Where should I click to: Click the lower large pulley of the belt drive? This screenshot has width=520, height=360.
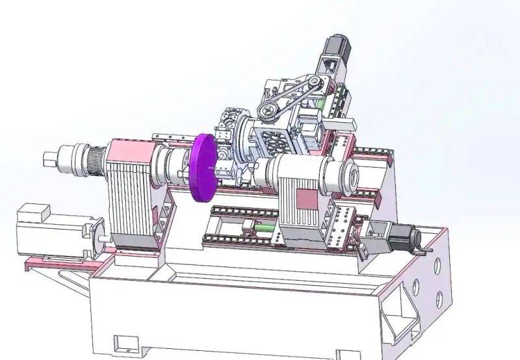[x=267, y=110]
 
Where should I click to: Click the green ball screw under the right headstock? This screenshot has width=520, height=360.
[x=263, y=228]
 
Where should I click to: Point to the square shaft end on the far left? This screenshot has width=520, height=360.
[x=50, y=158]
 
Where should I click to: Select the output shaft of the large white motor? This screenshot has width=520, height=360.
[x=102, y=237]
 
